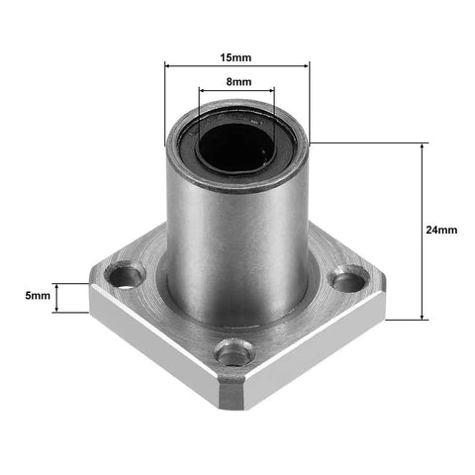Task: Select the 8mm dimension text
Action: point(237,82)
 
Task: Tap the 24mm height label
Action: point(440,230)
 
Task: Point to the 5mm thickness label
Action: point(38,296)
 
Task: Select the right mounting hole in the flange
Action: point(347,280)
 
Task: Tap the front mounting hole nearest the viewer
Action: point(232,350)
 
